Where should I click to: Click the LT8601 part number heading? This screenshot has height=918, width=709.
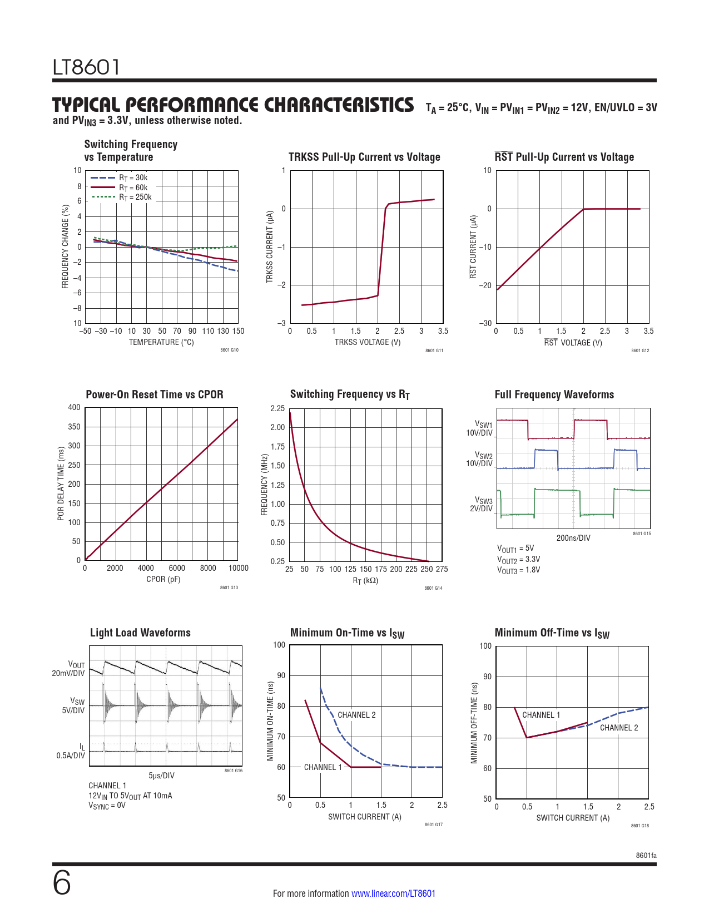pyautogui.click(x=86, y=67)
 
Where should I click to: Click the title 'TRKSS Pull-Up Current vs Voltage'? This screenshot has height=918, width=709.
pyautogui.click(x=364, y=157)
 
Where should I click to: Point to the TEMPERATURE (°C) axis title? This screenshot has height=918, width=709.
pyautogui.click(x=161, y=342)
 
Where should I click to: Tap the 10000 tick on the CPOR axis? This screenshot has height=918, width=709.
pyautogui.click(x=238, y=568)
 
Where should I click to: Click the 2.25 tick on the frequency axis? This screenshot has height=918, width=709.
pyautogui.click(x=277, y=408)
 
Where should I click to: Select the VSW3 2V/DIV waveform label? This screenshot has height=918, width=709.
pyautogui.click(x=482, y=505)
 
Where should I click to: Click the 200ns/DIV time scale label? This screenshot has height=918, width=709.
pyautogui.click(x=573, y=538)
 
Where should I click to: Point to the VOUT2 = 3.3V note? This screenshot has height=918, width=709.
pyautogui.click(x=518, y=559)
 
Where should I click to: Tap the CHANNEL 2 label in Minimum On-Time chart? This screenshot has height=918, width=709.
pyautogui.click(x=356, y=715)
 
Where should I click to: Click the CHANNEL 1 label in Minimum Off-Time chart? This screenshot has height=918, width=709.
pyautogui.click(x=541, y=715)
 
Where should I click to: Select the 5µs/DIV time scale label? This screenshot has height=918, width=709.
pyautogui.click(x=161, y=776)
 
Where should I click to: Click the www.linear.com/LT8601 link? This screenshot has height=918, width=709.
pyautogui.click(x=393, y=894)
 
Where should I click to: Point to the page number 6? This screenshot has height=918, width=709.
pyautogui.click(x=62, y=883)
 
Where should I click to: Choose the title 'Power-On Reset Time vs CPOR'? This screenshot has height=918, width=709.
pyautogui.click(x=155, y=394)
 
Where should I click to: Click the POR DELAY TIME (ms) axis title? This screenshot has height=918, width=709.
pyautogui.click(x=61, y=484)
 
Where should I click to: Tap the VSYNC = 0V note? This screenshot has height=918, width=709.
pyautogui.click(x=107, y=805)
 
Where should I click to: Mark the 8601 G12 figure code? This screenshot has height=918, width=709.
pyautogui.click(x=639, y=351)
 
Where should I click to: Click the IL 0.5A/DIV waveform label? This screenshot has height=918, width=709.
pyautogui.click(x=71, y=751)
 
